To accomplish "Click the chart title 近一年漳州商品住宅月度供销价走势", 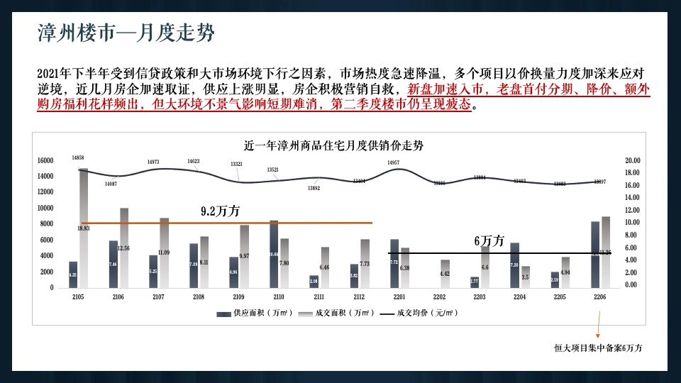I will click(333, 146).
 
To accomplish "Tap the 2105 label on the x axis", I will click(78, 298).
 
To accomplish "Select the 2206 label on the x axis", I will click(601, 298).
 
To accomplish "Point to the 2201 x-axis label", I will click(399, 298).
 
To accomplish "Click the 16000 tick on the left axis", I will click(45, 161).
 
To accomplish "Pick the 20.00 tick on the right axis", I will click(632, 161).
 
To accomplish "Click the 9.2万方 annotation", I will click(221, 211).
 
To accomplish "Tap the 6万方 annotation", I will click(489, 241).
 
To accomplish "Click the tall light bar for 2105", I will click(83, 227).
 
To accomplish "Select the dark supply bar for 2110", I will click(274, 254).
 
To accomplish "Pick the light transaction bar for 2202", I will click(445, 273).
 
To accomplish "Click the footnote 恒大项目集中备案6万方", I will click(598, 348).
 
